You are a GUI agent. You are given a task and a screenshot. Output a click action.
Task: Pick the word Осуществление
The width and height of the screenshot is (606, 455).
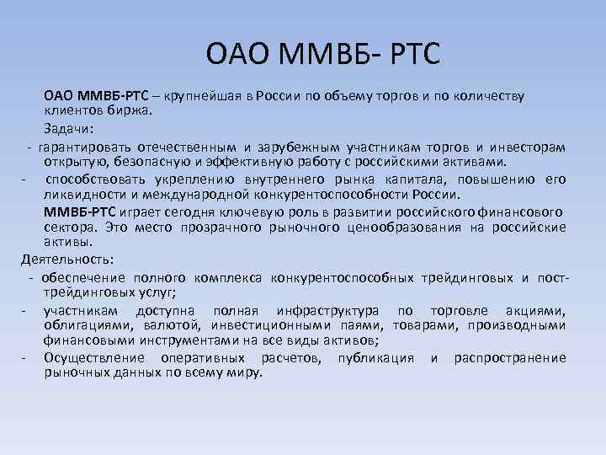click(x=99, y=358)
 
